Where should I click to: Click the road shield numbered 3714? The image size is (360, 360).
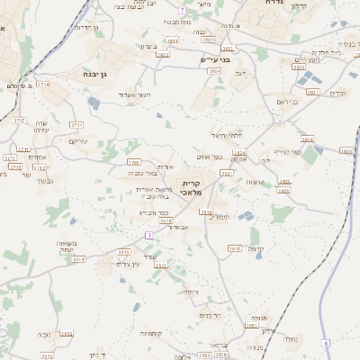pos(43,84)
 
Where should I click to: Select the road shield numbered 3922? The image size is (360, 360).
pos(162,55)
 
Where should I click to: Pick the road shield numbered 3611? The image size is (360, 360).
pos(234,247)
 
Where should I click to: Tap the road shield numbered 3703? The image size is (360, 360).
pos(133,162)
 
